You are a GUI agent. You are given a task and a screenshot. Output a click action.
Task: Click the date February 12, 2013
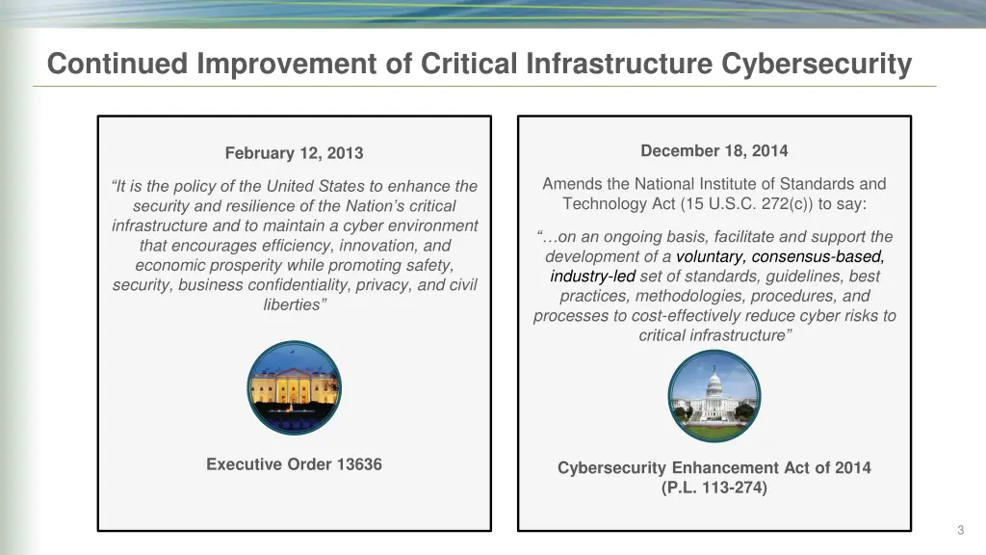click(x=294, y=153)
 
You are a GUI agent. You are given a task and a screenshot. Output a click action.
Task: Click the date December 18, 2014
click(x=714, y=150)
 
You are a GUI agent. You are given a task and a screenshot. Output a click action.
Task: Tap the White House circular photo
click(x=294, y=387)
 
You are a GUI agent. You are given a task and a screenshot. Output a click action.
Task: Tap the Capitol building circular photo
click(x=714, y=396)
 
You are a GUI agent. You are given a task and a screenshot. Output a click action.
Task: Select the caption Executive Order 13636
click(x=294, y=464)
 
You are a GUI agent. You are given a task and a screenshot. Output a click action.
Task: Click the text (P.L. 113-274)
click(x=714, y=488)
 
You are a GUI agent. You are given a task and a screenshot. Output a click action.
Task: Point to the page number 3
click(x=960, y=530)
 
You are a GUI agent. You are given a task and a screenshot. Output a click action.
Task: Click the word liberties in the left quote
click(x=293, y=304)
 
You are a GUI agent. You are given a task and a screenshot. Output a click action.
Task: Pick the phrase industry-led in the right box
click(x=592, y=277)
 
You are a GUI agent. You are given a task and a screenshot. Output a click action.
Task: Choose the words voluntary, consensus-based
click(x=780, y=256)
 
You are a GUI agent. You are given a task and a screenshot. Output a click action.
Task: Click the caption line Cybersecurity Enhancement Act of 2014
click(x=714, y=468)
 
